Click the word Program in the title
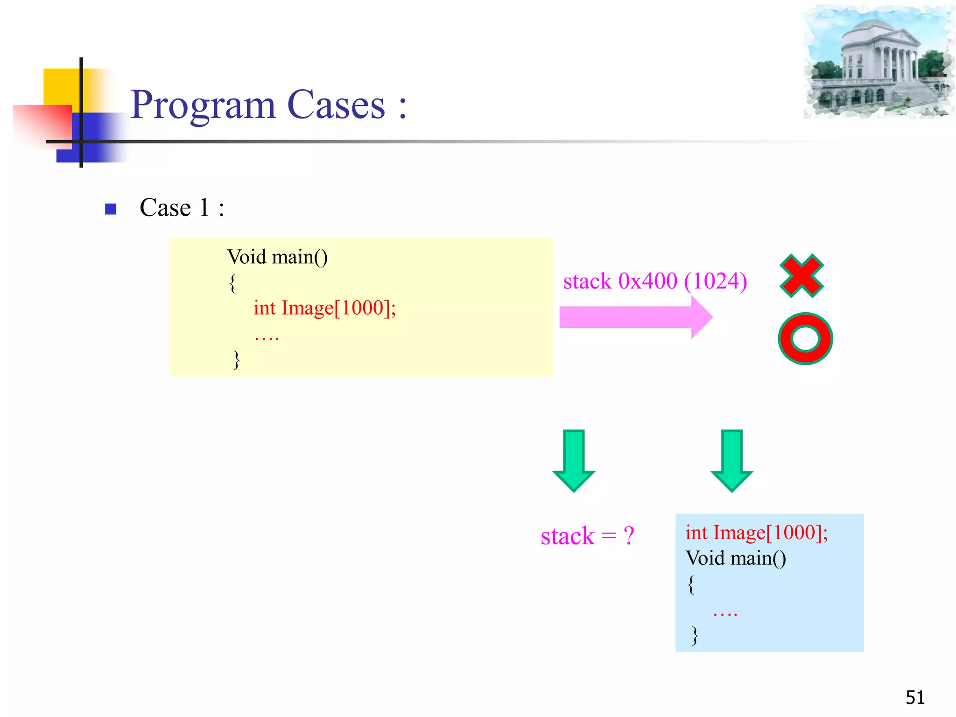click(x=203, y=105)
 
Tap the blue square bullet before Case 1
click(x=111, y=209)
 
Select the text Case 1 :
click(x=182, y=208)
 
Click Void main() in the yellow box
click(x=277, y=257)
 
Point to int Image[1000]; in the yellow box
click(x=324, y=308)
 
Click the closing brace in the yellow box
click(x=237, y=360)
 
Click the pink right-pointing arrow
click(x=635, y=317)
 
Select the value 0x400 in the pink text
click(x=647, y=281)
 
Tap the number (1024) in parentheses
click(x=716, y=281)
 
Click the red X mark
click(x=801, y=276)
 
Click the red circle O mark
click(x=805, y=338)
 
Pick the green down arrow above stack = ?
click(x=574, y=460)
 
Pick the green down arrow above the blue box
click(x=731, y=460)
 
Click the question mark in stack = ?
click(x=629, y=536)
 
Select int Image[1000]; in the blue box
click(x=756, y=533)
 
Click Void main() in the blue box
click(x=736, y=558)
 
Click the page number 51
click(x=915, y=697)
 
